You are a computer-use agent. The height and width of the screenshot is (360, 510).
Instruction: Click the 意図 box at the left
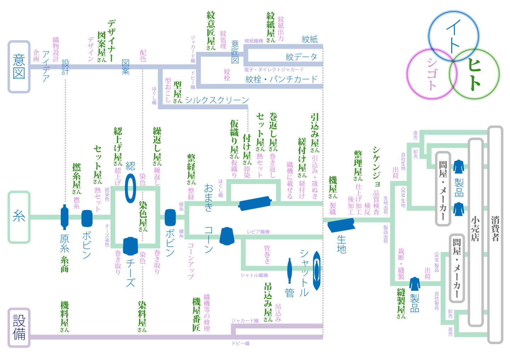point(19,67)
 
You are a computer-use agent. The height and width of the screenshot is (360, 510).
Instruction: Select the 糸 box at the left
point(19,217)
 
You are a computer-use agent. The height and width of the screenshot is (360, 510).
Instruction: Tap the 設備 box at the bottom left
point(19,327)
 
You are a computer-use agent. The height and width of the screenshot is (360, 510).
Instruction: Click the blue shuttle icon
point(316,271)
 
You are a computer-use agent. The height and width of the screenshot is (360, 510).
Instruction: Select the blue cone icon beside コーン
point(227,236)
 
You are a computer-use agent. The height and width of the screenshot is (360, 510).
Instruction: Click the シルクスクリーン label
point(217,100)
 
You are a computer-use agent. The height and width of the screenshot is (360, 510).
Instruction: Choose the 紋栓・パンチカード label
point(282,79)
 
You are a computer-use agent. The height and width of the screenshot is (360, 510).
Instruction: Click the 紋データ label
point(301,57)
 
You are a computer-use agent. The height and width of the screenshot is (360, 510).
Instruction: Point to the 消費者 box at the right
point(495,234)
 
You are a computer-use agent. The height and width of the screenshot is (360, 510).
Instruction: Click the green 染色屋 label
point(143,216)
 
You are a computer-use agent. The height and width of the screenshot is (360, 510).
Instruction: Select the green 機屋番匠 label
point(196,314)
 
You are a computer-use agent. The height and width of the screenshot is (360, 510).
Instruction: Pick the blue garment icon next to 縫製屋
point(414,284)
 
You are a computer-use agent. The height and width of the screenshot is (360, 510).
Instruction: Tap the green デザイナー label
point(111,41)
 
